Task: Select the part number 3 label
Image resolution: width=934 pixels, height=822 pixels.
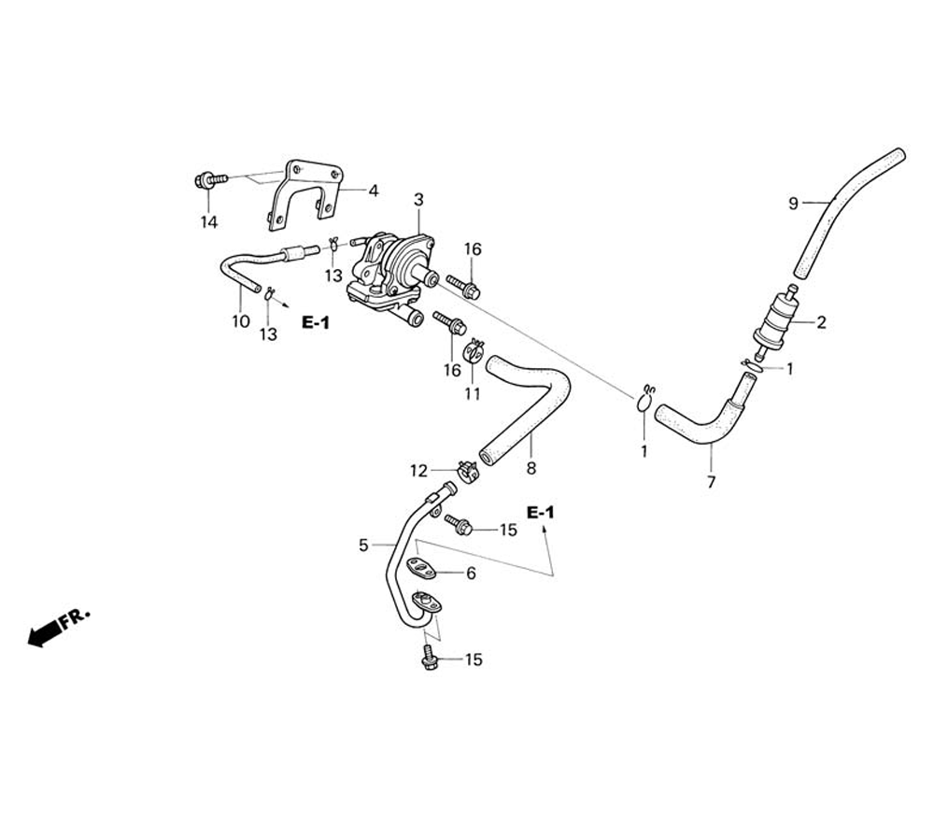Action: coord(418,200)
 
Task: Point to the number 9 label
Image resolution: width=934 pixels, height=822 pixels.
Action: coord(793,204)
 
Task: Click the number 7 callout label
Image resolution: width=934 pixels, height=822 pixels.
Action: coord(711,482)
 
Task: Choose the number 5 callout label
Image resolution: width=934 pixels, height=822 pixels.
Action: coord(364,545)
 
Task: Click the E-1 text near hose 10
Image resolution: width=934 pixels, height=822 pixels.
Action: coord(316,322)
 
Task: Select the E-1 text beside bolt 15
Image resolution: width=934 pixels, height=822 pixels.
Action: coord(540,513)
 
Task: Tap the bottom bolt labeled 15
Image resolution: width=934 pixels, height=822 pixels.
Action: coord(431,659)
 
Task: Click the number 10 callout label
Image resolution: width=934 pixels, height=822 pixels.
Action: coord(241,321)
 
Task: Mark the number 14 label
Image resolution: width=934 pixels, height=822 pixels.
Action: coord(208,221)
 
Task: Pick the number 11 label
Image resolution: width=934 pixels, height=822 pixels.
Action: coord(473,393)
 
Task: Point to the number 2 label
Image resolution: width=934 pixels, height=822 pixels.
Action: coord(821,323)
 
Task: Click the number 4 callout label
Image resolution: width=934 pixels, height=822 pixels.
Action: coord(373,191)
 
